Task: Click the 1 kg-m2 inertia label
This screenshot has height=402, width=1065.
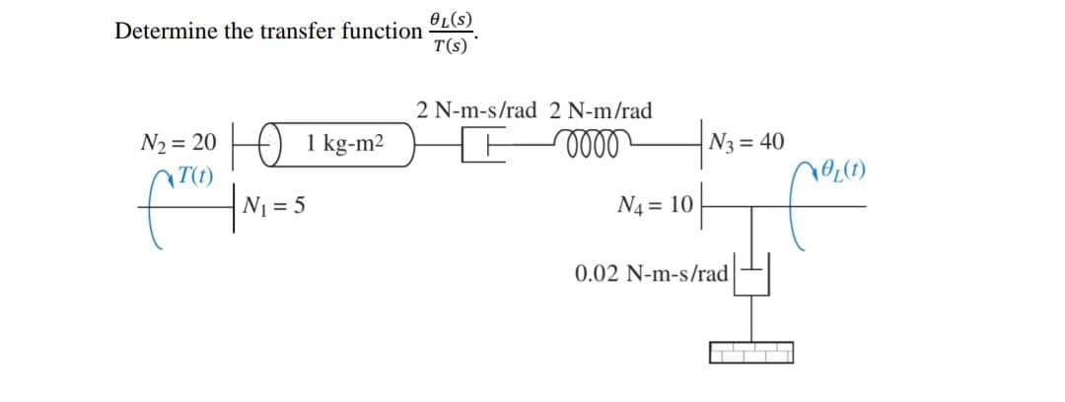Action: tap(345, 144)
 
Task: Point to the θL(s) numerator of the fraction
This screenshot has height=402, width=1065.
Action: tap(451, 19)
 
